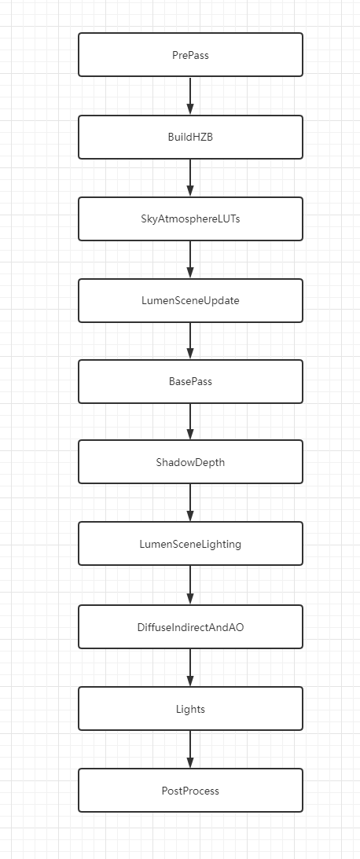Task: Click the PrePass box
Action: pyautogui.click(x=190, y=55)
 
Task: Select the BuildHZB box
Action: pyautogui.click(x=190, y=137)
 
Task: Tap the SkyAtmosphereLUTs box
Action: pyautogui.click(x=190, y=218)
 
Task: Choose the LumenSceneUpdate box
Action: pyautogui.click(x=190, y=300)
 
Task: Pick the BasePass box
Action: pyautogui.click(x=190, y=381)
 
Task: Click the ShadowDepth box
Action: pyautogui.click(x=190, y=462)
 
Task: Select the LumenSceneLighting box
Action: pyautogui.click(x=190, y=544)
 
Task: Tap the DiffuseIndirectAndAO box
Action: pyautogui.click(x=190, y=627)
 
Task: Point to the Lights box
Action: pyautogui.click(x=190, y=709)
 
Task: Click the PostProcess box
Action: pyautogui.click(x=190, y=791)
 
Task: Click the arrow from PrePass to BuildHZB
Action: pyautogui.click(x=190, y=95)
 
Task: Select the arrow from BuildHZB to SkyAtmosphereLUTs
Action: pyautogui.click(x=190, y=177)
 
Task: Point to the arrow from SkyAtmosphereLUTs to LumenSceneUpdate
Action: pyautogui.click(x=190, y=259)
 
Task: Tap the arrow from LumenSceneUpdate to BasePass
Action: pyautogui.click(x=190, y=340)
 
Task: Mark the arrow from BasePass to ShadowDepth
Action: pyautogui.click(x=190, y=421)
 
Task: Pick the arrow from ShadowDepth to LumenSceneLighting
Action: pyautogui.click(x=190, y=502)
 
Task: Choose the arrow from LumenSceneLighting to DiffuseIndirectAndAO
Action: pyautogui.click(x=190, y=585)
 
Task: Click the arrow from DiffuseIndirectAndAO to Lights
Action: pyautogui.click(x=190, y=667)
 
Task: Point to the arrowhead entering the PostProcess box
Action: pyautogui.click(x=190, y=763)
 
